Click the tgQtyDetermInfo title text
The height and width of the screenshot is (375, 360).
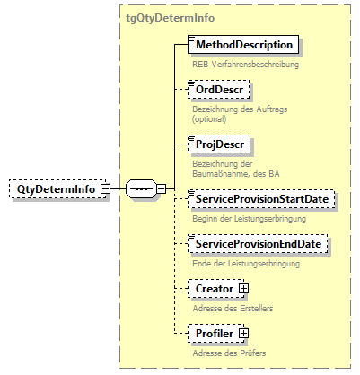point(171,17)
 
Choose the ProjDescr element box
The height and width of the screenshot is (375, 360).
point(221,144)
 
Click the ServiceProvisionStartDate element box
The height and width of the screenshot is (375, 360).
point(261,198)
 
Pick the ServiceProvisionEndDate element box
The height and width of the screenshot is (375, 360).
point(259,243)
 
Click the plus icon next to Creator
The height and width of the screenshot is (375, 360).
point(242,289)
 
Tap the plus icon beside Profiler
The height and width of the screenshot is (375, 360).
point(242,334)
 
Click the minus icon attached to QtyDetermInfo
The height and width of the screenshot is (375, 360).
point(105,189)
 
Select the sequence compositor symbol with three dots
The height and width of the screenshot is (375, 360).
point(140,189)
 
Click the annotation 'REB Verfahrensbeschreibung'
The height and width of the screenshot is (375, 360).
point(244,65)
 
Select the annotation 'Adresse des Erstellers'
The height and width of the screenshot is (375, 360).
point(233,308)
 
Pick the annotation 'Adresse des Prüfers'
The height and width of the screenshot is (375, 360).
point(229,353)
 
